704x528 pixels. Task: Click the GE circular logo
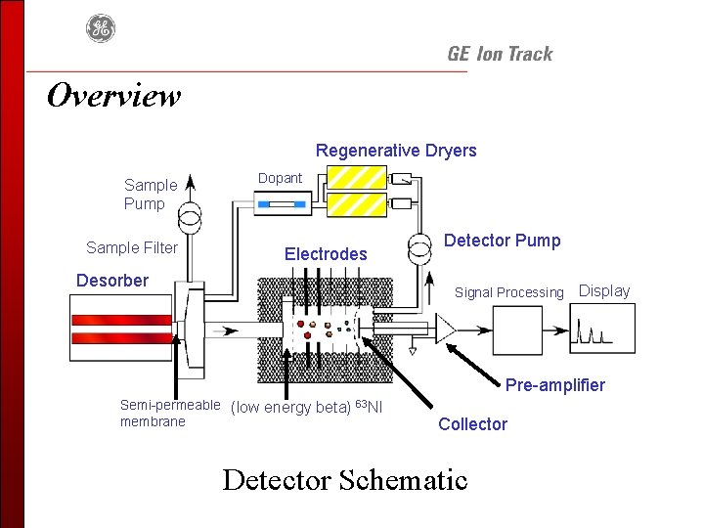pyautogui.click(x=100, y=28)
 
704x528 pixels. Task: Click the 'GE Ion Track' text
pyautogui.click(x=500, y=55)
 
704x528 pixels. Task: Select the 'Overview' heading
pyautogui.click(x=113, y=96)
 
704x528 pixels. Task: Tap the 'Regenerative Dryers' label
pyautogui.click(x=396, y=151)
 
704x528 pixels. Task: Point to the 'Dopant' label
pyautogui.click(x=280, y=178)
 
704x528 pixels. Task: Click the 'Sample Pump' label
pyautogui.click(x=151, y=195)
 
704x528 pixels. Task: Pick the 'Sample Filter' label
pyautogui.click(x=132, y=247)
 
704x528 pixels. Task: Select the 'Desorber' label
pyautogui.click(x=112, y=281)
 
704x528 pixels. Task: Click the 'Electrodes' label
pyautogui.click(x=326, y=254)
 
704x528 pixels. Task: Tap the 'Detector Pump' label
pyautogui.click(x=503, y=241)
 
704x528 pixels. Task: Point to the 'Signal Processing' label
pyautogui.click(x=508, y=292)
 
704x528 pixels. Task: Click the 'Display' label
pyautogui.click(x=604, y=290)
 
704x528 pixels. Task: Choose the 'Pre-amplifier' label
pyautogui.click(x=555, y=385)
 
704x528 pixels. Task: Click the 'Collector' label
pyautogui.click(x=472, y=424)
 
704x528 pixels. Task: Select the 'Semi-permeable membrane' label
pyautogui.click(x=169, y=413)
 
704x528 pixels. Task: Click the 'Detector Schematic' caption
pyautogui.click(x=345, y=480)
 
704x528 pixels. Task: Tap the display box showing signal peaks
pyautogui.click(x=601, y=329)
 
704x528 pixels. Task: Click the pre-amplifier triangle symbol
pyautogui.click(x=446, y=330)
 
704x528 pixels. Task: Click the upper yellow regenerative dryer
pyautogui.click(x=356, y=177)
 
